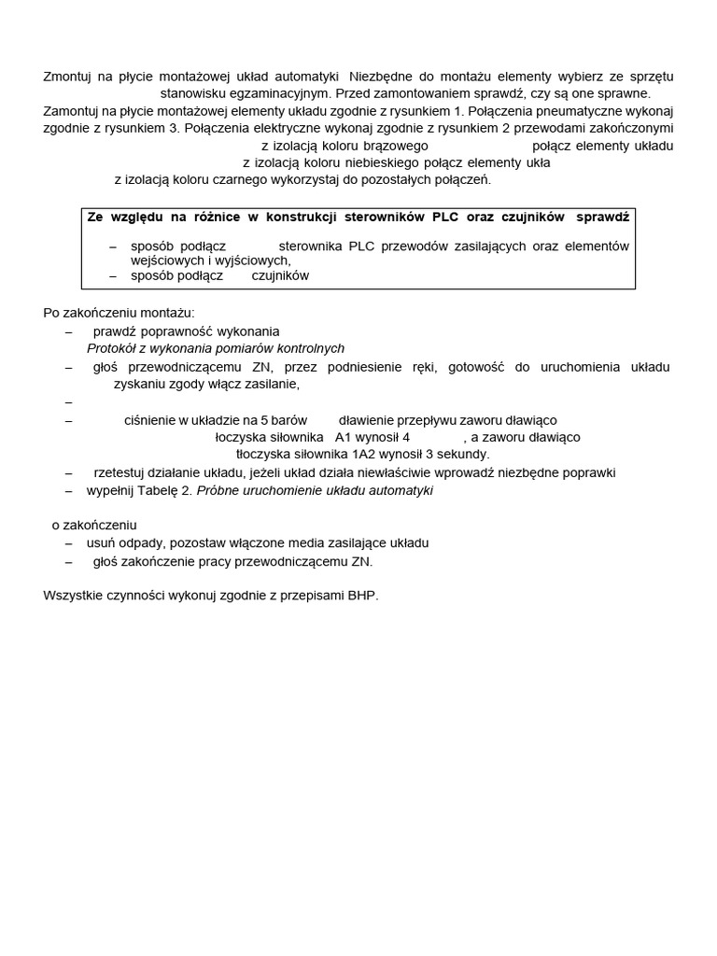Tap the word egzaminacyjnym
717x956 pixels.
pyautogui.click(x=283, y=94)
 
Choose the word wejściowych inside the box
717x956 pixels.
pyautogui.click(x=166, y=261)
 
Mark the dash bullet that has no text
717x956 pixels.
pyautogui.click(x=69, y=402)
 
